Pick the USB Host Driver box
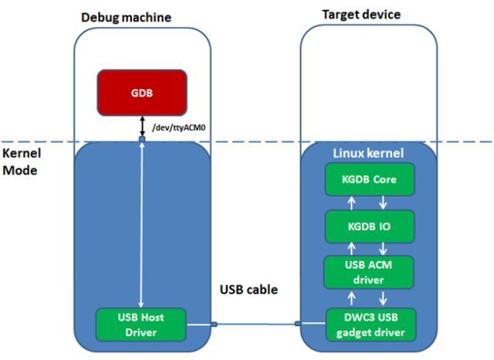[x=141, y=324]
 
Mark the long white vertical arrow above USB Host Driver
[x=141, y=224]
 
